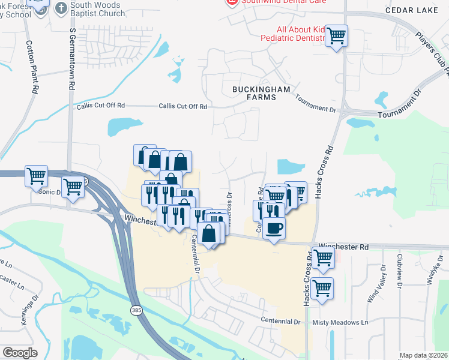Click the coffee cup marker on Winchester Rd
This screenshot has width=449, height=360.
(x=274, y=229)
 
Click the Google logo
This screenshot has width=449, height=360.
(x=19, y=353)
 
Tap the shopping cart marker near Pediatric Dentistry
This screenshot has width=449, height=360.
(x=337, y=35)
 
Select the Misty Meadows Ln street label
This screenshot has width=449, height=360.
(x=340, y=322)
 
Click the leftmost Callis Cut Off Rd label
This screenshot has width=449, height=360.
(x=100, y=106)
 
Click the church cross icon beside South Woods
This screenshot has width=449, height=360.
(x=61, y=8)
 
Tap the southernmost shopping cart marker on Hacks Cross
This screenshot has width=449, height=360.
(x=322, y=287)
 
